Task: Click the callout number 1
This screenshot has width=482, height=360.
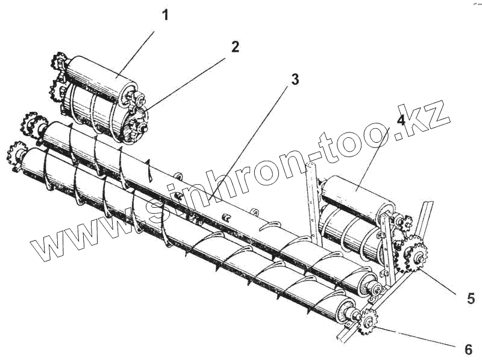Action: (165, 15)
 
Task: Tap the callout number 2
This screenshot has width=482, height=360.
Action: (234, 47)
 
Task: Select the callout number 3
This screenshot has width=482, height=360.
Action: (295, 79)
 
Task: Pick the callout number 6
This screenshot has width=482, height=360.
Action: (468, 349)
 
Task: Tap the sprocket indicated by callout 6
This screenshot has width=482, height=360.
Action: (368, 320)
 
